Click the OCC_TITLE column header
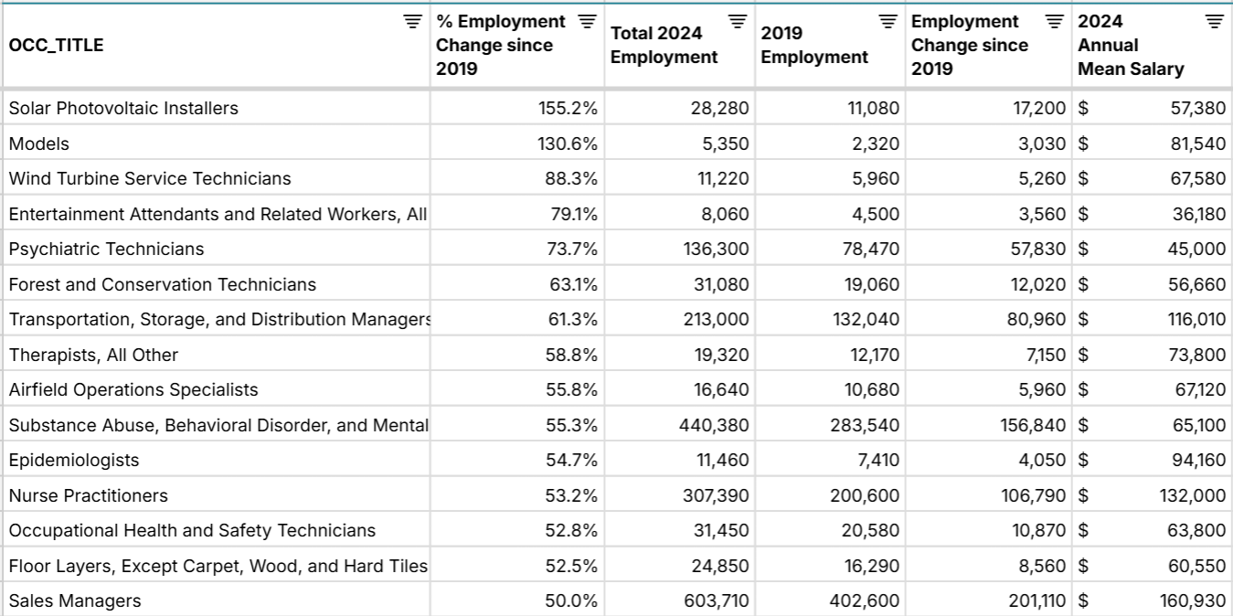pos(57,45)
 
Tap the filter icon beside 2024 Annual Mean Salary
pos(1213,21)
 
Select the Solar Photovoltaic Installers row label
pos(123,108)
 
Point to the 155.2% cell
pos(568,108)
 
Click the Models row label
pos(39,143)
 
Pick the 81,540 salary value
pos(1197,143)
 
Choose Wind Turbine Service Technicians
pos(150,178)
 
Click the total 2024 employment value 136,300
pos(716,249)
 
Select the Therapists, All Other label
pos(93,355)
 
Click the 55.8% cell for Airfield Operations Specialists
pos(572,389)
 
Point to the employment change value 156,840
pos(1029,425)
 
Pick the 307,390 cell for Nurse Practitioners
pos(716,495)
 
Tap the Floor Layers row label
pos(218,566)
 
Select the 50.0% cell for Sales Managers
pos(572,600)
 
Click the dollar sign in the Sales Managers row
pos(1083,600)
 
